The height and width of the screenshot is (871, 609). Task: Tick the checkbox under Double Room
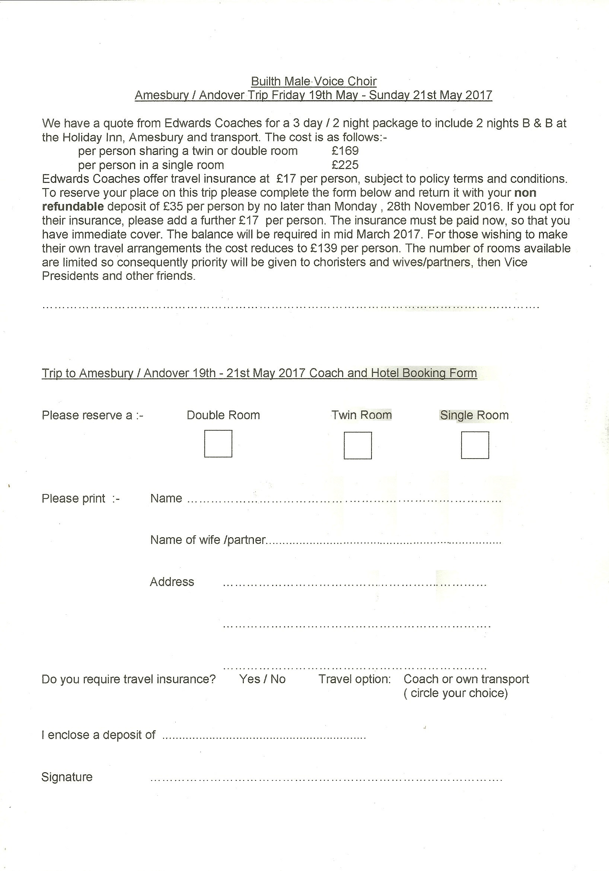pos(218,443)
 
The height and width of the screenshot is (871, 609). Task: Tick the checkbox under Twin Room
pos(357,445)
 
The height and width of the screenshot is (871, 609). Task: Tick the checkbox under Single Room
pos(475,445)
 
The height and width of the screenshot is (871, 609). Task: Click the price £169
pos(345,151)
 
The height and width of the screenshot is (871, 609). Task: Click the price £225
pos(345,165)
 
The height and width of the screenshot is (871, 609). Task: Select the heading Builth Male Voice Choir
pos(314,81)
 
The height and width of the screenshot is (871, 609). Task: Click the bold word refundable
pos(73,207)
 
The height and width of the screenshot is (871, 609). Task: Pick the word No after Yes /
pos(278,679)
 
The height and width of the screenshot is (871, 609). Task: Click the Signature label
pos(67,777)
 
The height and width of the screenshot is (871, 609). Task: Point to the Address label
pos(172,582)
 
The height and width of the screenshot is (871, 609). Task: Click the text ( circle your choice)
pos(456,693)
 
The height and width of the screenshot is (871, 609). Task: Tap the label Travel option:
pos(354,679)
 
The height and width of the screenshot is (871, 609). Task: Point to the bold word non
pos(525,193)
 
